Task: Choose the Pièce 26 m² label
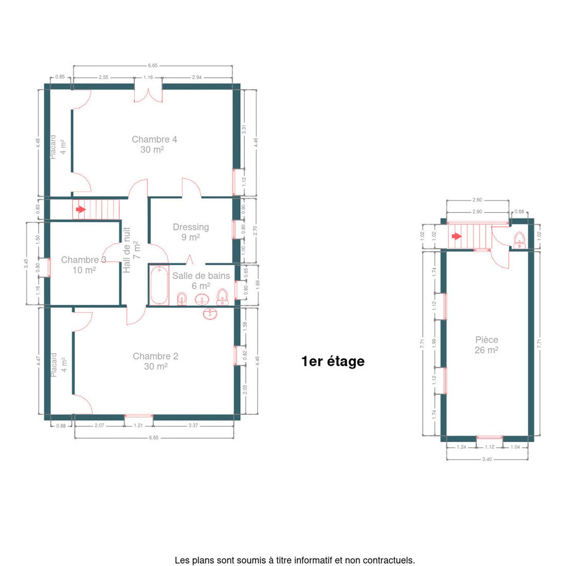click(486, 345)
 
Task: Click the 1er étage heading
click(333, 361)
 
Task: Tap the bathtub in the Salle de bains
click(159, 285)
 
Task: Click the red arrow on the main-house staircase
click(81, 209)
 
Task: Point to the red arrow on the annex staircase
click(457, 236)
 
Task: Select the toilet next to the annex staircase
click(520, 241)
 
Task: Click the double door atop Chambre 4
click(148, 94)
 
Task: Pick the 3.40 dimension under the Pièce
click(487, 459)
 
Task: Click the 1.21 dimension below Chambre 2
click(138, 425)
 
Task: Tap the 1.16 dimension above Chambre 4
click(148, 77)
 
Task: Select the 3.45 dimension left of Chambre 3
click(26, 263)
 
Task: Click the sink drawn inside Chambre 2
click(210, 314)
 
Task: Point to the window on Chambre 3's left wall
click(49, 267)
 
